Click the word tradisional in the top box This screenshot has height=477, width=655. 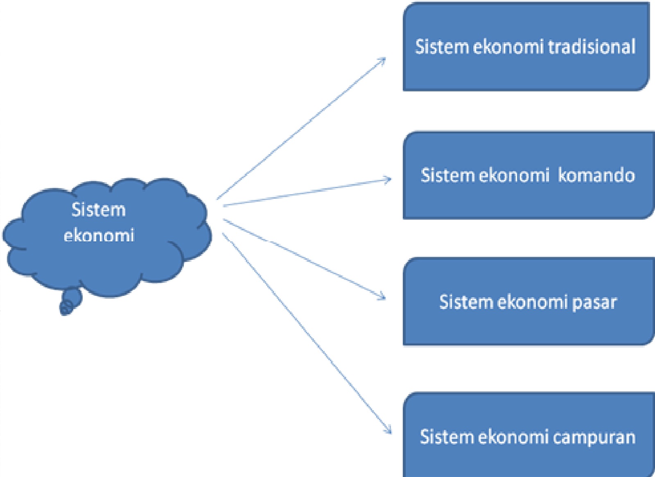(592, 46)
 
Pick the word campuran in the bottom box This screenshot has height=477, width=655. (594, 437)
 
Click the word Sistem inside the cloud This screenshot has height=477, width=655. (98, 210)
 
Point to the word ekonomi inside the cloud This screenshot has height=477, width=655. (99, 236)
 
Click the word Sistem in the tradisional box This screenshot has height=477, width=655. (441, 46)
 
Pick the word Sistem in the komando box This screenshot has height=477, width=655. (447, 175)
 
